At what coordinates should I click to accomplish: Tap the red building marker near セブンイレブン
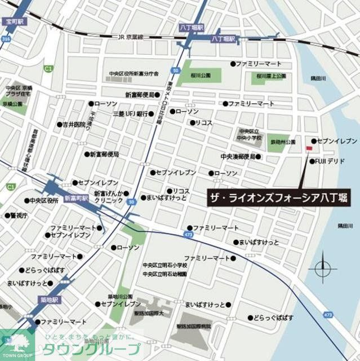coord(308,148)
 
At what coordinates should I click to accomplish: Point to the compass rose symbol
coord(323,267)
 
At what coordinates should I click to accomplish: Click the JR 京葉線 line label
coord(130,37)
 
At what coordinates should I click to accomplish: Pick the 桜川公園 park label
coord(201,76)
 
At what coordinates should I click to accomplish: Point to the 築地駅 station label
coord(48,300)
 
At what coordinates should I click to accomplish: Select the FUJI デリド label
coord(329,161)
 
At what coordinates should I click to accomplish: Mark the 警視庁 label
coord(19,215)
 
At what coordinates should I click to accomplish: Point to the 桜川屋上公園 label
coord(271,76)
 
